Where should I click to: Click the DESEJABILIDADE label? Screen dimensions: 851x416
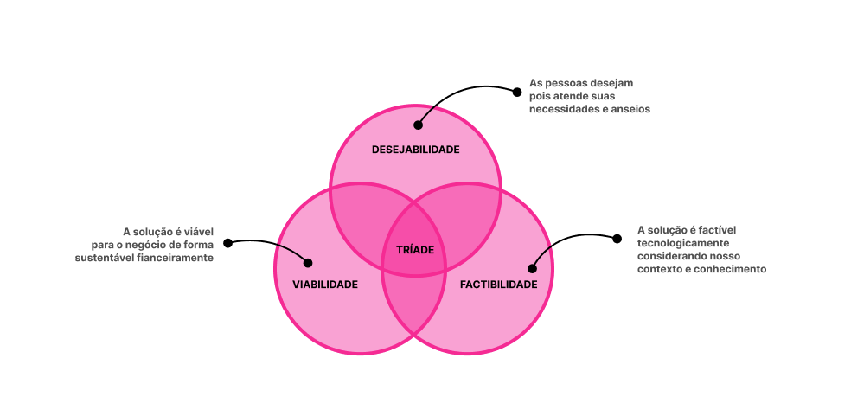416,150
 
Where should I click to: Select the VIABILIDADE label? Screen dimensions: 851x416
325,285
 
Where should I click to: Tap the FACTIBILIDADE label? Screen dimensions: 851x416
499,285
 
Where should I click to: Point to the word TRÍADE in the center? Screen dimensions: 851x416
415,250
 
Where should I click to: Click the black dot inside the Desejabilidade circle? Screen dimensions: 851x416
418,125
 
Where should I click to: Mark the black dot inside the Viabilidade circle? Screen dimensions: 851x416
308,263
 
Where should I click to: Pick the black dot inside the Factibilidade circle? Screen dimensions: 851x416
532,268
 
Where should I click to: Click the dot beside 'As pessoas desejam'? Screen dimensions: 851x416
517,93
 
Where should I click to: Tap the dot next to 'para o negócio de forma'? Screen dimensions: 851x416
228,243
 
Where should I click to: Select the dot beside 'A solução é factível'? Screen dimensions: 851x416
617,239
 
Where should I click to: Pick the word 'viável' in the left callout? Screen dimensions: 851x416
199,232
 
